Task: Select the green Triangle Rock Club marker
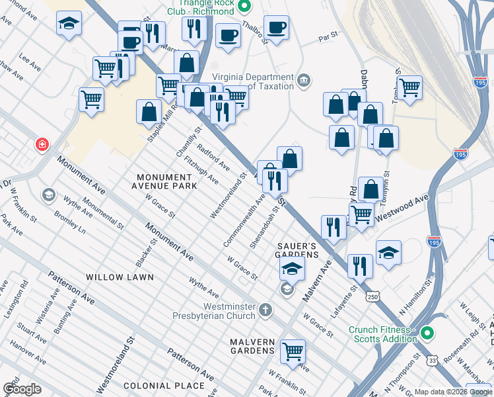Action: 243,7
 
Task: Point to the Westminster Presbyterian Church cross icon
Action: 265,310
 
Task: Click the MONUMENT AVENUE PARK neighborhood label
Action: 166,182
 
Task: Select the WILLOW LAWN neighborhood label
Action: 119,277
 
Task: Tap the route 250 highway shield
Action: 372,298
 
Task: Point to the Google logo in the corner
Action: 22,388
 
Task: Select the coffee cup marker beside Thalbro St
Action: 276,28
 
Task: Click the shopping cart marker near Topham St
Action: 409,86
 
